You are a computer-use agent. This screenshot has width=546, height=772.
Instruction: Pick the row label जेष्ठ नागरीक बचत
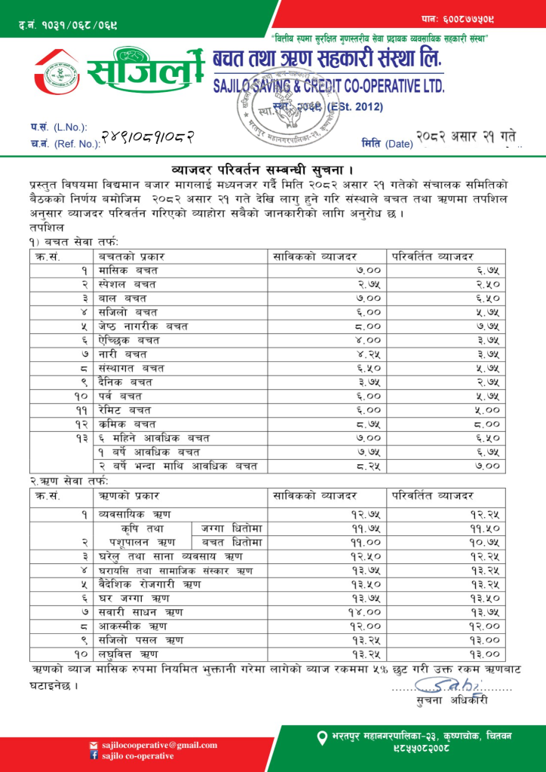click(x=143, y=326)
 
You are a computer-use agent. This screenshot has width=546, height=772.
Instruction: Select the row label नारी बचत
click(x=123, y=354)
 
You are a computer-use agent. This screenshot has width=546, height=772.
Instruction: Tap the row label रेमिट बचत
click(x=125, y=409)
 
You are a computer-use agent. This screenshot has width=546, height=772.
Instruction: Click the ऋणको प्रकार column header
click(x=130, y=495)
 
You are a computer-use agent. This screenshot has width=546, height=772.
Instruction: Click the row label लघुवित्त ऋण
click(x=129, y=653)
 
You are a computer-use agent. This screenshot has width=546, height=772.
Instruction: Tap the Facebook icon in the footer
click(x=94, y=755)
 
